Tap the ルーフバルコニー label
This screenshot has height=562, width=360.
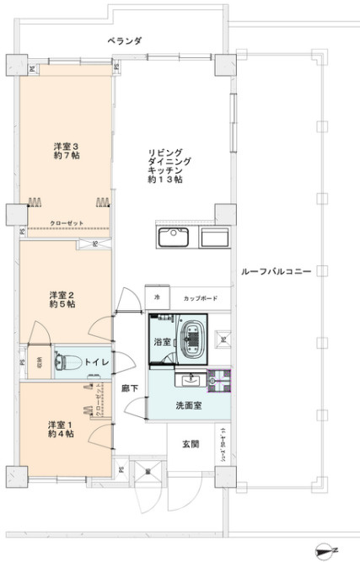pyautogui.click(x=276, y=273)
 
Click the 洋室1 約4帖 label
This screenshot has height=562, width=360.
pyautogui.click(x=60, y=428)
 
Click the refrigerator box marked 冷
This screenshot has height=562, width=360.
pyautogui.click(x=156, y=298)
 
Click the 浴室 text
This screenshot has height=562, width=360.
pyautogui.click(x=161, y=343)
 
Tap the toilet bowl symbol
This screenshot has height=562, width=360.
pyautogui.click(x=62, y=362)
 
